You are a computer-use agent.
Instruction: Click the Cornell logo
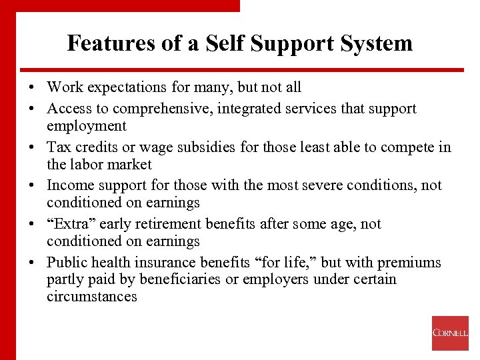[450, 333]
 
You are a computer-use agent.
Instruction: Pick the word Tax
[58, 147]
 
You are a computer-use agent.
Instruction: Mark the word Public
[67, 263]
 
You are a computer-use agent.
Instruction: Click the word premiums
[411, 263]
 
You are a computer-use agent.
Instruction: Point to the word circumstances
[92, 296]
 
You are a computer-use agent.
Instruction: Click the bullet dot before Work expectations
[32, 88]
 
